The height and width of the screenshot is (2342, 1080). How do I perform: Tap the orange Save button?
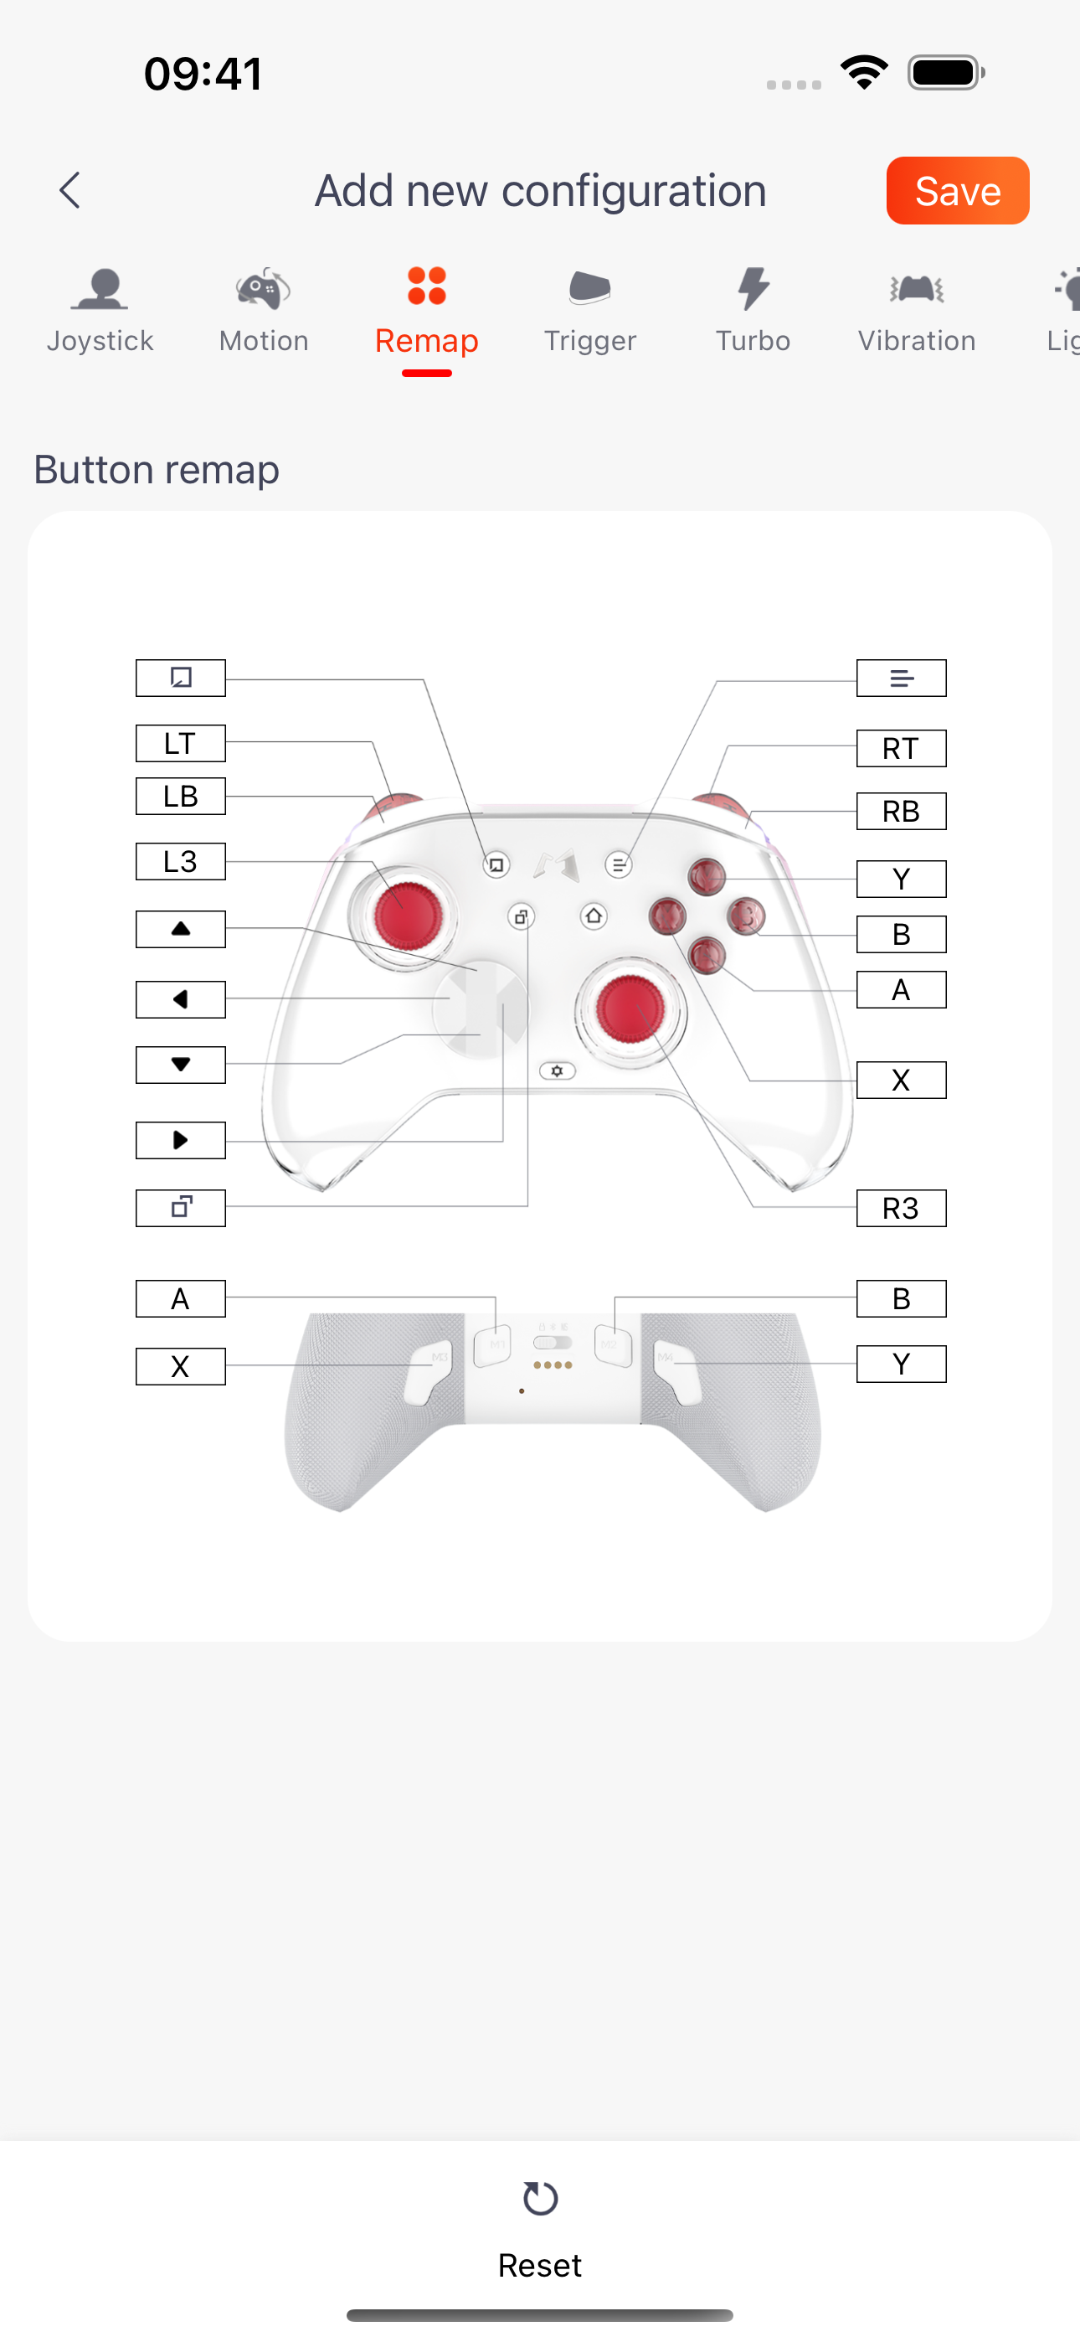click(957, 190)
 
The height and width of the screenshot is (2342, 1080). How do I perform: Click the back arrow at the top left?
click(70, 190)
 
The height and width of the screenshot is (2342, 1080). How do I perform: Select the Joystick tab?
click(100, 310)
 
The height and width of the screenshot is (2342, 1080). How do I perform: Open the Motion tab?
click(264, 310)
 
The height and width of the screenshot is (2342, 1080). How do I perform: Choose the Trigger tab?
click(590, 310)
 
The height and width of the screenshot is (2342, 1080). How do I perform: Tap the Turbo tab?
click(753, 310)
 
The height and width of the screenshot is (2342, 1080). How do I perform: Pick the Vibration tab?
click(917, 310)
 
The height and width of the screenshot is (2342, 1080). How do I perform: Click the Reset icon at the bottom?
click(540, 2199)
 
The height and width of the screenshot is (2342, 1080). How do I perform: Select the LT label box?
click(181, 743)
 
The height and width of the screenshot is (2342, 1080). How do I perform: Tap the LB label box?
click(181, 797)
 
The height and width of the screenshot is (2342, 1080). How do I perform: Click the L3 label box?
click(181, 861)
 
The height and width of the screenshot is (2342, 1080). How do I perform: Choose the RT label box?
click(901, 748)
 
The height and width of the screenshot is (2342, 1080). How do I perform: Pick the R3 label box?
click(901, 1209)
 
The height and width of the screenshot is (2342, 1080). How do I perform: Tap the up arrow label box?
click(181, 929)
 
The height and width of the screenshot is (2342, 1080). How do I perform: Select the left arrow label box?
click(181, 999)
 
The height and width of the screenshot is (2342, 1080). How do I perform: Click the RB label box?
click(901, 811)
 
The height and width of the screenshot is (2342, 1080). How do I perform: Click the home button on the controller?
click(594, 916)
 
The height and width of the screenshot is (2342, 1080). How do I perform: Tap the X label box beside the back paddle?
click(181, 1366)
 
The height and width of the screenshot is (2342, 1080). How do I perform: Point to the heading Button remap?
click(157, 470)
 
